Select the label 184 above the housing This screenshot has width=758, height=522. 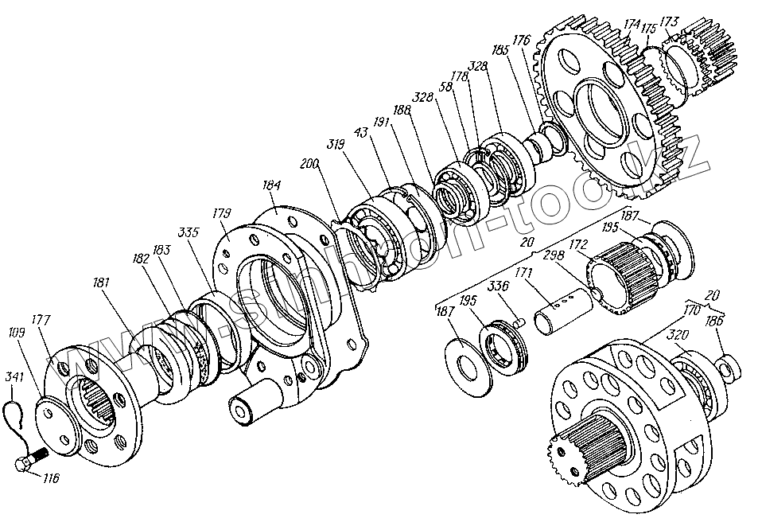click(x=271, y=185)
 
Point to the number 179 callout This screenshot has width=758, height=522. click(x=222, y=212)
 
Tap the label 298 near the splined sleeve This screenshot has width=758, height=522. click(x=554, y=255)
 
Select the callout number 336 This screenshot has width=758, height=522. click(x=500, y=286)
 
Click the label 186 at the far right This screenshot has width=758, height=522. click(x=715, y=321)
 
